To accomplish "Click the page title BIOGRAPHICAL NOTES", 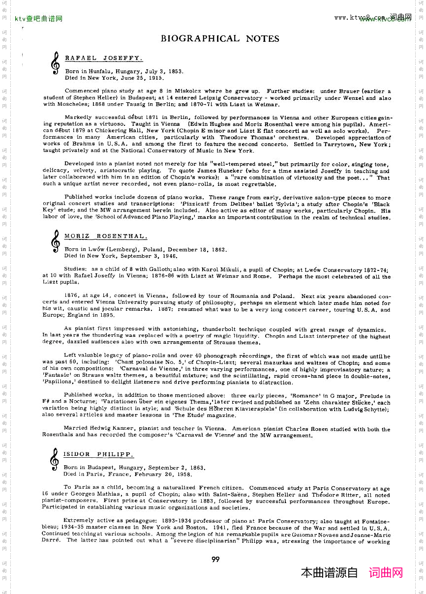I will click(x=220, y=39).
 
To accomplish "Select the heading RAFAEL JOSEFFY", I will click(x=103, y=58).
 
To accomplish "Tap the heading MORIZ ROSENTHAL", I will click(x=105, y=237).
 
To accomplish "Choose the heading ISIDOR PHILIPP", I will click(x=98, y=454).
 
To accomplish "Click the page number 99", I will click(x=215, y=559).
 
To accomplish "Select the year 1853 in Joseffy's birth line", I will click(x=176, y=71).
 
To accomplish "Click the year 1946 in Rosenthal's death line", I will click(x=169, y=256).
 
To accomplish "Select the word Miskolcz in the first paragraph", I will click(x=188, y=91).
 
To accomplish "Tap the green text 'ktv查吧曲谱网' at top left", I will click(x=38, y=19).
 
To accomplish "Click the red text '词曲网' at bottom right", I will click(x=386, y=573).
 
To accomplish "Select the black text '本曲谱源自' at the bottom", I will click(x=329, y=573).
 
